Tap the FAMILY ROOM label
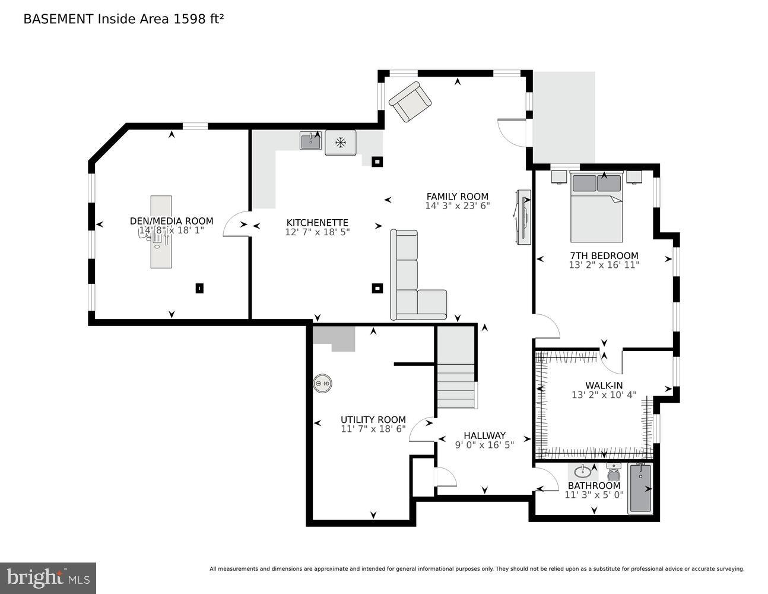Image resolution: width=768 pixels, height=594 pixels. tap(457, 197)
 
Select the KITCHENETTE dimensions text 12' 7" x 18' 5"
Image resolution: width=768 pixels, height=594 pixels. tap(317, 232)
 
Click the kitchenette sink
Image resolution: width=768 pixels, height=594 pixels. tap(310, 141)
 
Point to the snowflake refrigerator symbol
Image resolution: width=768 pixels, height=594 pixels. tap(341, 143)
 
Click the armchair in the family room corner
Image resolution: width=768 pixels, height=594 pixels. tap(410, 102)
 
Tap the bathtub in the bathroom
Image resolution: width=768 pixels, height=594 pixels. tap(640, 488)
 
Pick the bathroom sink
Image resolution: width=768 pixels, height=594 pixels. tap(583, 472)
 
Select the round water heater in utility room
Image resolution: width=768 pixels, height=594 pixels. tap(323, 384)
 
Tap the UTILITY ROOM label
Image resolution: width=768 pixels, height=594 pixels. tap(373, 419)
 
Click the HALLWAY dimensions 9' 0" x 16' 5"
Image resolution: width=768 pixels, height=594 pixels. tap(484, 444)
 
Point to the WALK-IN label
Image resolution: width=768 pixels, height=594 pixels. tap(604, 386)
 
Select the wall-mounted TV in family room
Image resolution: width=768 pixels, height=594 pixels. tap(523, 216)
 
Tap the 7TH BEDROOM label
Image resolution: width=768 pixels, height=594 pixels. tap(604, 256)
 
